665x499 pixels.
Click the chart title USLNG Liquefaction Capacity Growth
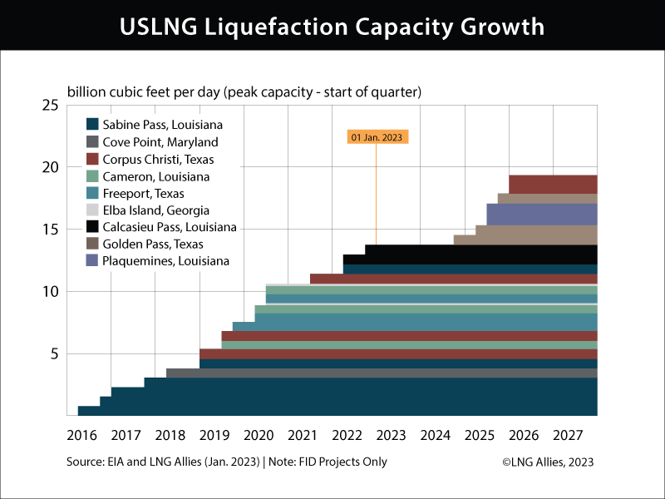point(332,26)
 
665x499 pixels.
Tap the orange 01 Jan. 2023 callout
point(377,137)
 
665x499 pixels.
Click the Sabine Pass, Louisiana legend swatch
point(93,125)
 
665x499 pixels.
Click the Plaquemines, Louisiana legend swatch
point(93,261)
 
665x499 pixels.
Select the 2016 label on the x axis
point(81,435)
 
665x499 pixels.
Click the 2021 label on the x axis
point(303,435)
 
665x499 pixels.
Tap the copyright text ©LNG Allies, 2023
point(548,462)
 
